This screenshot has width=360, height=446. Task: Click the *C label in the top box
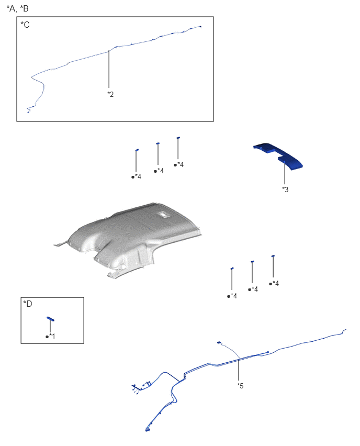[x=25, y=25]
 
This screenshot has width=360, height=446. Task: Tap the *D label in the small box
[x=28, y=304]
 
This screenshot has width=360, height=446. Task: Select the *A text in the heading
[x=12, y=9]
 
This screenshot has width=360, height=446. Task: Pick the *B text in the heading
[x=24, y=8]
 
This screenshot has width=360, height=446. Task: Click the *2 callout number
[x=110, y=94]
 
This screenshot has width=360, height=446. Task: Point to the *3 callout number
[x=285, y=189]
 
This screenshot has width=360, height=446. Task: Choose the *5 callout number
[x=240, y=386]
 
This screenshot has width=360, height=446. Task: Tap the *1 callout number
[x=52, y=336]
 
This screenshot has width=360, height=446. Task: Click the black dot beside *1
[x=47, y=337]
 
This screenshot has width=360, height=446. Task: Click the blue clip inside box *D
[x=51, y=319]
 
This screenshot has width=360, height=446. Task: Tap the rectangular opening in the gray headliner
[x=163, y=215]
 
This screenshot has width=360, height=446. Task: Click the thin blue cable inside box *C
[x=109, y=52]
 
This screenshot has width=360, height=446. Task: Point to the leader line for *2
[x=109, y=69]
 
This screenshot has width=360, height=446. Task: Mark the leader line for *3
[x=285, y=173]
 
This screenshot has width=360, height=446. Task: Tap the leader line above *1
[x=50, y=326]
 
